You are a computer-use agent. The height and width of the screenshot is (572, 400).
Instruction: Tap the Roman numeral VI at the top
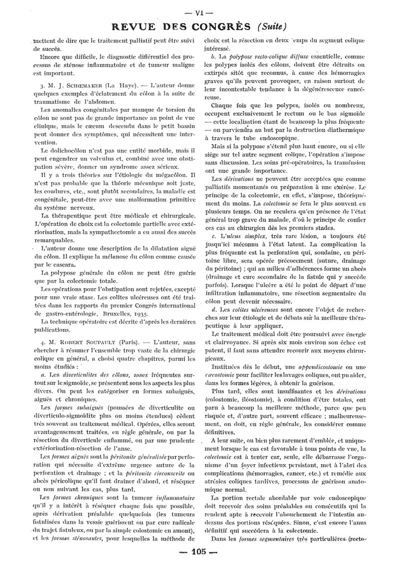199,13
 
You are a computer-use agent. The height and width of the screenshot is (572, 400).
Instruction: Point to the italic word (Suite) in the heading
272,26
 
